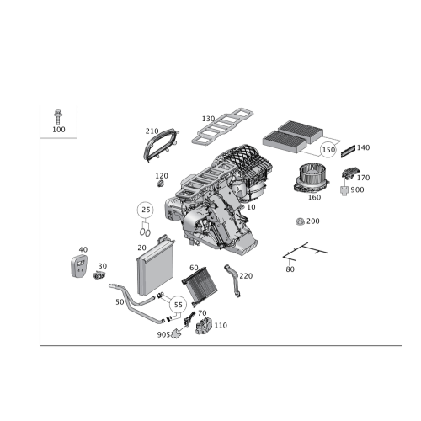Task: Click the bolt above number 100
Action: click(x=58, y=117)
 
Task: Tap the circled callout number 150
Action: click(x=328, y=150)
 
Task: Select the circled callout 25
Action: click(x=146, y=210)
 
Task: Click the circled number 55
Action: click(x=178, y=305)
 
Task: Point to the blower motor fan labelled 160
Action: click(x=311, y=179)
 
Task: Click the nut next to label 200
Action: click(x=300, y=221)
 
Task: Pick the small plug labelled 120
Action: click(x=161, y=184)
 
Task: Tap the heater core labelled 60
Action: click(x=200, y=286)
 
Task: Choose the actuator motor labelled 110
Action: click(x=204, y=326)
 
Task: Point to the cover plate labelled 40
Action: click(x=78, y=266)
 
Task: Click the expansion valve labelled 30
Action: click(x=99, y=275)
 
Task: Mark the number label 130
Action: click(x=208, y=119)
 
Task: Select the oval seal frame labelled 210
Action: click(x=160, y=146)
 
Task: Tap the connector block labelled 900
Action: click(x=344, y=191)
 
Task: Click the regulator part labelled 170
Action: click(x=349, y=173)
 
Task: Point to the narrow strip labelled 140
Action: click(x=348, y=152)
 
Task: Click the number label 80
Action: click(x=290, y=269)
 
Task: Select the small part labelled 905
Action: click(x=176, y=333)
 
